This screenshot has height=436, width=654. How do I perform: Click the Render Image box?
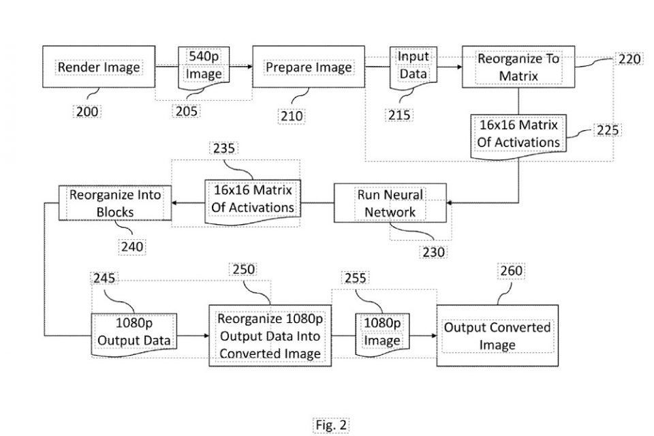point(99,67)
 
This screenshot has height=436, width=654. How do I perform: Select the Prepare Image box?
point(309,67)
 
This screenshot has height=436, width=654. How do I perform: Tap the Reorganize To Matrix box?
point(518,67)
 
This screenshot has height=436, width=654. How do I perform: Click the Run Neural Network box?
point(390,203)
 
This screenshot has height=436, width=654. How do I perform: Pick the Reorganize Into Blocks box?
point(114,203)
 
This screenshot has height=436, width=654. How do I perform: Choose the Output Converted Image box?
point(497,336)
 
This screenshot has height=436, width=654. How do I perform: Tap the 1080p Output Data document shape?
point(134,332)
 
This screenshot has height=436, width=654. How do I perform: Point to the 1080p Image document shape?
point(381,332)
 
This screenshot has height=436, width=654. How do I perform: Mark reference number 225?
point(607,129)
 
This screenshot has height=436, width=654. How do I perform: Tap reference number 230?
point(433,252)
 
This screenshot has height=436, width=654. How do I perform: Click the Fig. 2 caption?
point(331,425)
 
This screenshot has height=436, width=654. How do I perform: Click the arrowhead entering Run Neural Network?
point(451,203)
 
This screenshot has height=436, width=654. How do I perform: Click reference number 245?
point(106,278)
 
